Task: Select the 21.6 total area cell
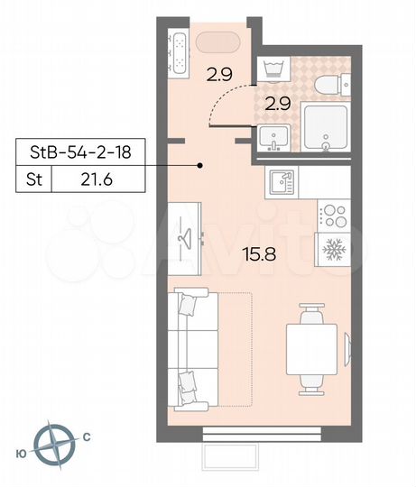[x=97, y=179]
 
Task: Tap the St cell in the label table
[x=32, y=179]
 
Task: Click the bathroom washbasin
[x=273, y=138]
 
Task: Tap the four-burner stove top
[x=332, y=216]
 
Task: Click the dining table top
[x=312, y=347]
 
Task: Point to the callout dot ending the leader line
[x=201, y=165]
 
